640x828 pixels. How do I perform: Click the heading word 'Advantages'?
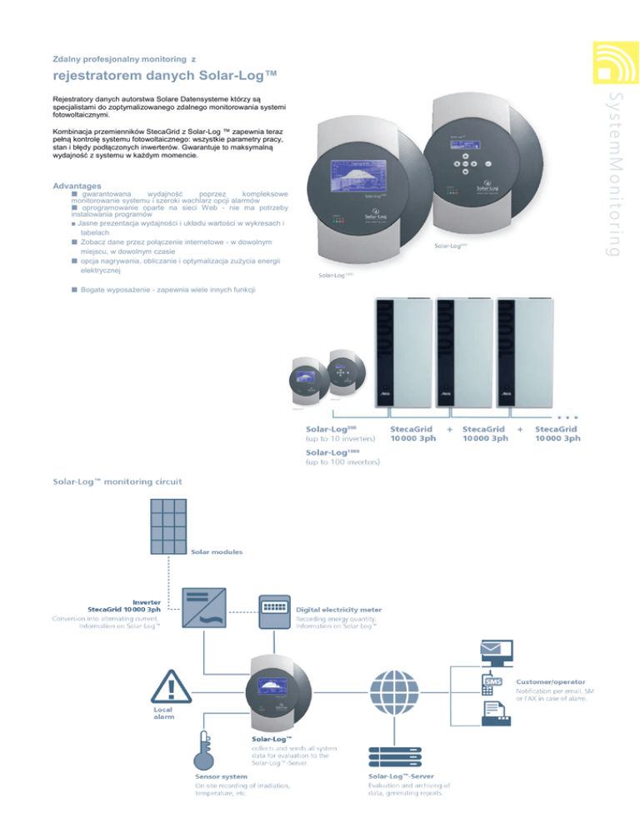click(77, 184)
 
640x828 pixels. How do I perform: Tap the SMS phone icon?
click(493, 682)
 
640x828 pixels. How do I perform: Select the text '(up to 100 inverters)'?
click(342, 461)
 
